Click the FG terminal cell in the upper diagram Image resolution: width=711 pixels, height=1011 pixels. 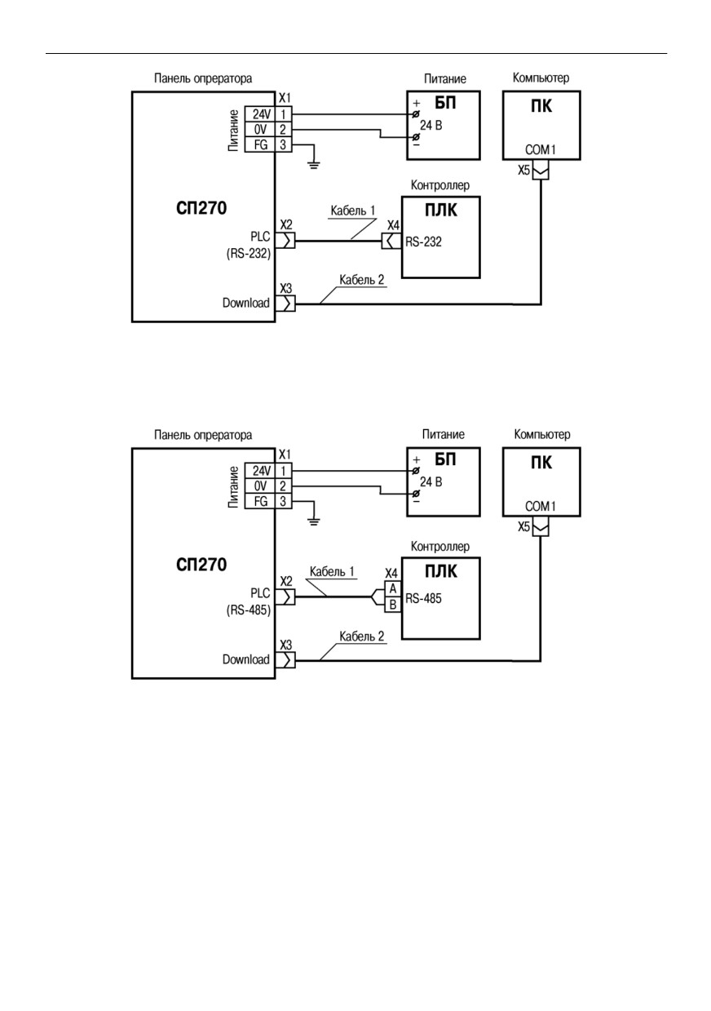click(260, 144)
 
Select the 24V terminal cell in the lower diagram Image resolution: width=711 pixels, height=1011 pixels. click(260, 471)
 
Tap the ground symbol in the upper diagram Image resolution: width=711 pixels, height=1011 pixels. click(314, 165)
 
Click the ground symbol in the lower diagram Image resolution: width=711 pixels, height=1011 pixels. click(314, 521)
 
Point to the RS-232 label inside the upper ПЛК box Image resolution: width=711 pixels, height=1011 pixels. click(423, 242)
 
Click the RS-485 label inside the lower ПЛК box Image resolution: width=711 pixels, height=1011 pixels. click(423, 598)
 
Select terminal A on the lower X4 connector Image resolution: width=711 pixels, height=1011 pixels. click(392, 588)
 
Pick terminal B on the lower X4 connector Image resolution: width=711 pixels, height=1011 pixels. click(392, 605)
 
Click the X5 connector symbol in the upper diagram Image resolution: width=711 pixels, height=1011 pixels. click(541, 172)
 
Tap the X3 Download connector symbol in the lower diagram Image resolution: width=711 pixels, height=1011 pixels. click(287, 660)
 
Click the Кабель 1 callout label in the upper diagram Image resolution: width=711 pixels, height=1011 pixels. click(353, 211)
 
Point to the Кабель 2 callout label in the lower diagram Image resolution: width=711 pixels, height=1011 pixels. click(362, 636)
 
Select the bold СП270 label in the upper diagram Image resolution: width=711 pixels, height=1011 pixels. click(201, 208)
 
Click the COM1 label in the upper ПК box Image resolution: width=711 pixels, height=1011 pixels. click(541, 149)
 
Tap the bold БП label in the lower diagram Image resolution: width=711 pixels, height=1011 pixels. click(445, 459)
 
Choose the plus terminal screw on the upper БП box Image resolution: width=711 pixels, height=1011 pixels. click(416, 113)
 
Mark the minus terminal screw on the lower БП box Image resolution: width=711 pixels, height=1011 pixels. click(416, 494)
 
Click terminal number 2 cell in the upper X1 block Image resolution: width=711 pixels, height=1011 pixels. click(283, 130)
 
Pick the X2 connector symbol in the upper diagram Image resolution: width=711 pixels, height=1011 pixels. click(287, 241)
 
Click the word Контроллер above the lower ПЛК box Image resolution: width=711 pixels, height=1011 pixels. click(439, 547)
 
